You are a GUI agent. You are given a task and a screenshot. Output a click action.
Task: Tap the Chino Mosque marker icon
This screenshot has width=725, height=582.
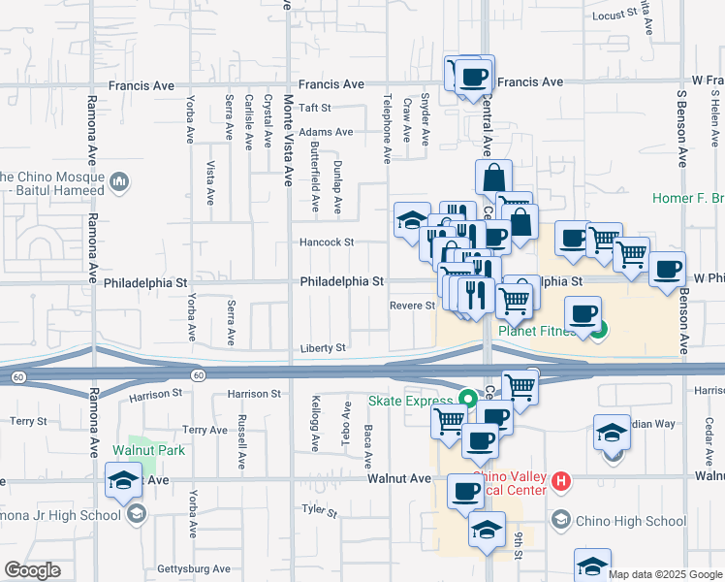[x=120, y=180]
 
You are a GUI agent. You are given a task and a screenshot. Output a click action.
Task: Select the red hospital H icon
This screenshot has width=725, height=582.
[x=559, y=480]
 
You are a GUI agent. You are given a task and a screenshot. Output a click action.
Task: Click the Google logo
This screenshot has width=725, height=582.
[x=32, y=570]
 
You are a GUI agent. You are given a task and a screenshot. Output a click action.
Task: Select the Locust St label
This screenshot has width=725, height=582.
[x=618, y=15]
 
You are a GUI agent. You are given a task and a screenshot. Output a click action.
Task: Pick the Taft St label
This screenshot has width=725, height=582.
[x=315, y=108]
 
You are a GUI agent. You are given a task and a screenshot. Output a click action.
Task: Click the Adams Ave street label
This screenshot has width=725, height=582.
[x=326, y=132]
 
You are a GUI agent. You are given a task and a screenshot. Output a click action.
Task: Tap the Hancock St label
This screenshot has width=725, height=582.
[x=327, y=242]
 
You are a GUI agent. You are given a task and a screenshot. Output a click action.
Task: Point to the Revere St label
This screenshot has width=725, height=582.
[x=412, y=306]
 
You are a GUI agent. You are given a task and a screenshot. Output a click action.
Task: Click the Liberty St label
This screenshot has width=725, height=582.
[x=323, y=347]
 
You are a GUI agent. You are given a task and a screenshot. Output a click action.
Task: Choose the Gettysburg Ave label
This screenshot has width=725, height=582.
[x=195, y=569]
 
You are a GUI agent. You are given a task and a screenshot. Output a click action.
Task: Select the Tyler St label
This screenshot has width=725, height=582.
[x=318, y=510]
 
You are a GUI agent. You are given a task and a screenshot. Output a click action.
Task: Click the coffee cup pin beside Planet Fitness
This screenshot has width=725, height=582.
[x=583, y=314]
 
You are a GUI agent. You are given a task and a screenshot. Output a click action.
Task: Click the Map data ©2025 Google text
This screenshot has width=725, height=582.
[x=664, y=574]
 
